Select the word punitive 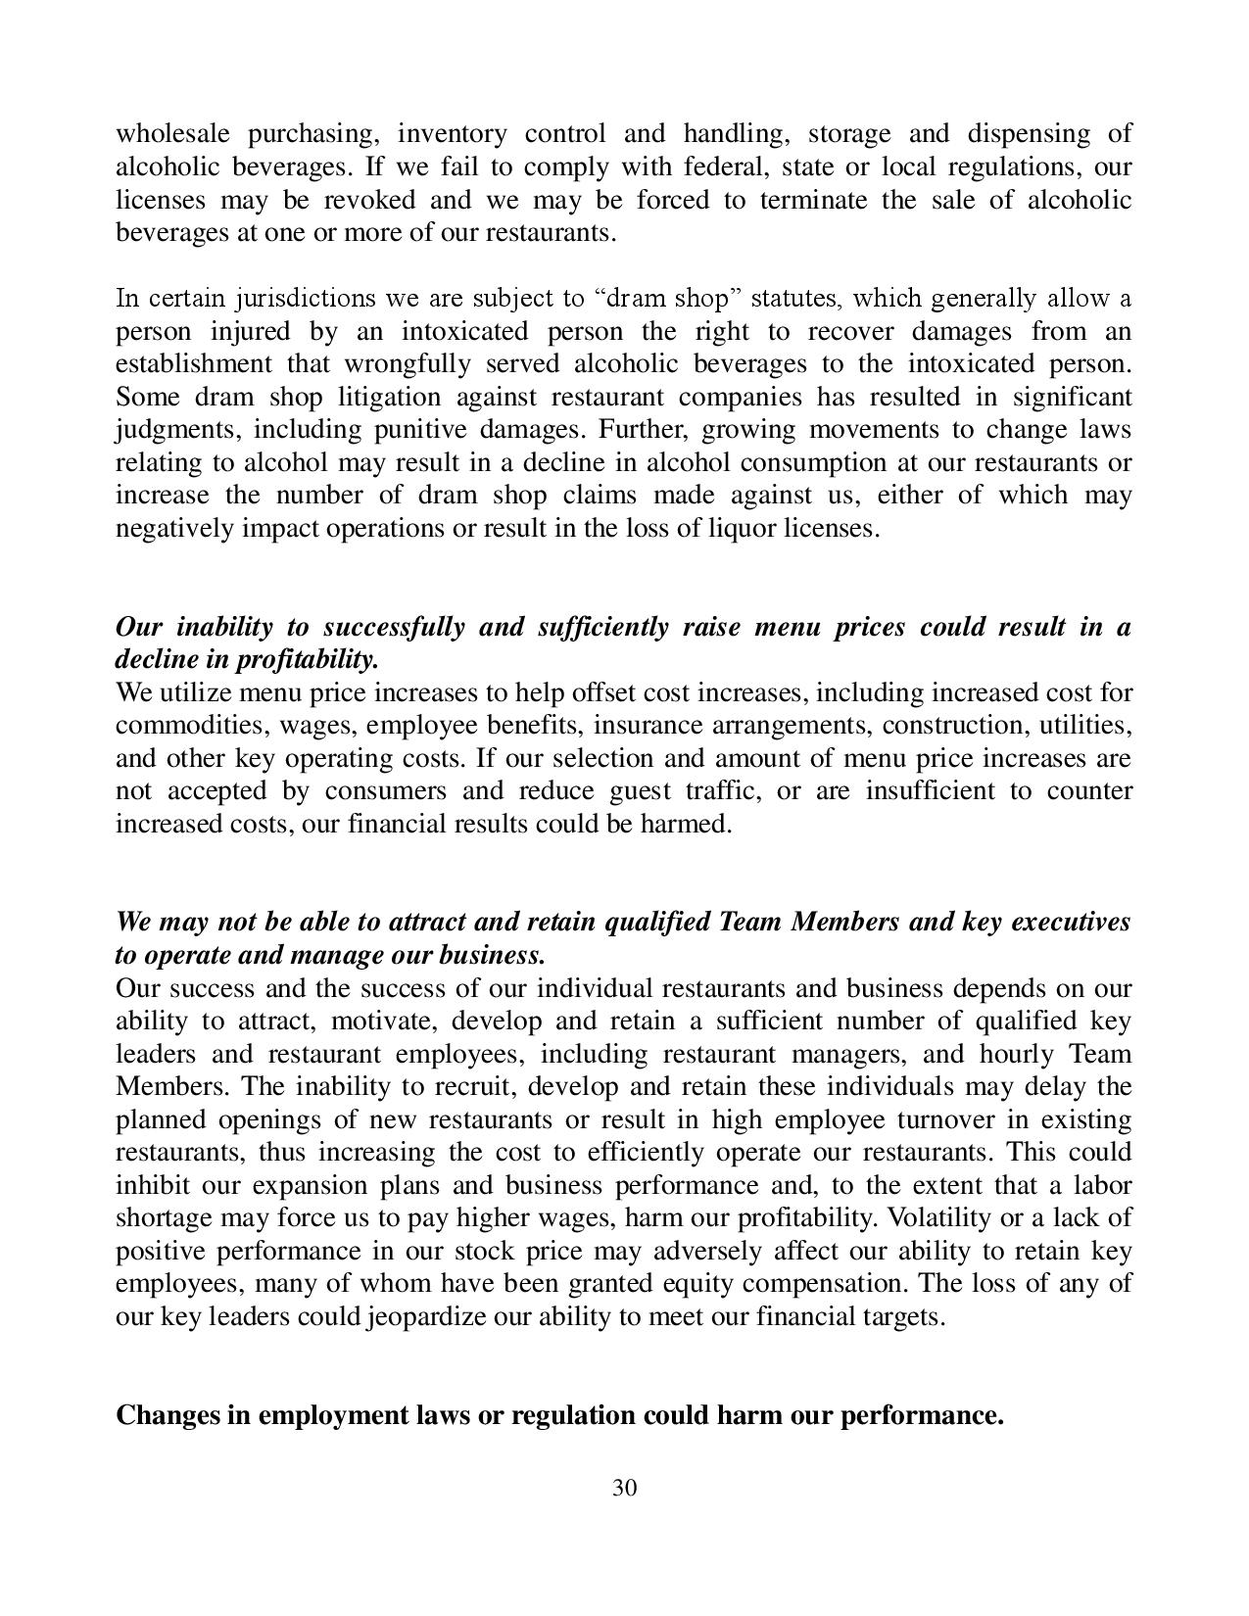coord(412,430)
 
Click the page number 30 coord(625,1489)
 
